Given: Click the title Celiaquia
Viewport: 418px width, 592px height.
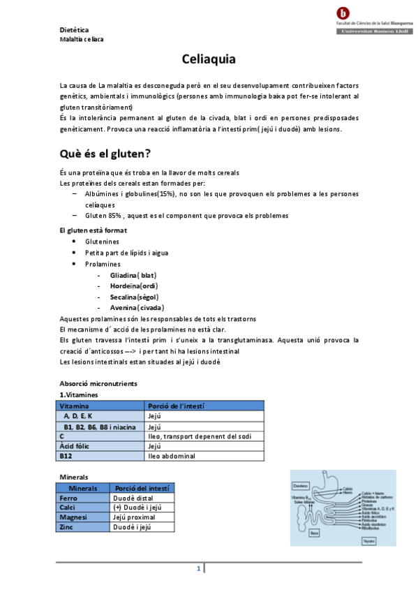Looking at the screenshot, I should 209,60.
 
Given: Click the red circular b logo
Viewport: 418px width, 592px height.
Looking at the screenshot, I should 343,13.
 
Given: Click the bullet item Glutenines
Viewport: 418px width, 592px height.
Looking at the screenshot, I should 103,241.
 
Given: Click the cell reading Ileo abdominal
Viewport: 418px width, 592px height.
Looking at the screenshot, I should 172,456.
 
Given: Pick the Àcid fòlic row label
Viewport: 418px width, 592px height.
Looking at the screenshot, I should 75,446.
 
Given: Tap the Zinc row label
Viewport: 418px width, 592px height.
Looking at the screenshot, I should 68,527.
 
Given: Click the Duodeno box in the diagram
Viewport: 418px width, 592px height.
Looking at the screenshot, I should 301,484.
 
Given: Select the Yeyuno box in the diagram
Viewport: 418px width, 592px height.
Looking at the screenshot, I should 369,540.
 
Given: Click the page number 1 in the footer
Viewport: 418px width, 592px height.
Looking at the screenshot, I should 198,569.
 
